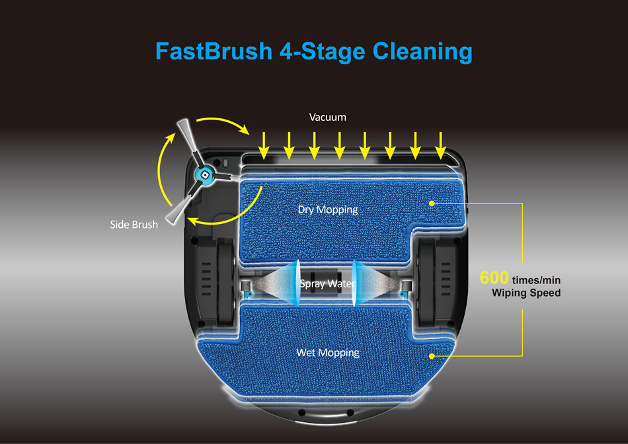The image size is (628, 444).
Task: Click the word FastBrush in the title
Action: point(214,52)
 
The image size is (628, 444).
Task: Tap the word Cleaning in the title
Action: point(422,52)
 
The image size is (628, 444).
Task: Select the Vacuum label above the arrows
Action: point(328,118)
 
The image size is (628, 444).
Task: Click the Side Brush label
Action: point(134,225)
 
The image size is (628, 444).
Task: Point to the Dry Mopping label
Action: point(328,210)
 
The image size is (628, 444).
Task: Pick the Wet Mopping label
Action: point(328,353)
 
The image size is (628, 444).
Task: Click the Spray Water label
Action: point(328,284)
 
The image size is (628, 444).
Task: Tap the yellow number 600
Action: point(494,277)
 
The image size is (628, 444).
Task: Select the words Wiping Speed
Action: point(526,293)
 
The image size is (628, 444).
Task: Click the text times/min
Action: point(536,280)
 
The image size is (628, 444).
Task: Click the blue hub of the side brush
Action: point(204,175)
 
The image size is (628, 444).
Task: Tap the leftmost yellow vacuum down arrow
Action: point(264,146)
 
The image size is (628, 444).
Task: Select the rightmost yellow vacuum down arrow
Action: point(440,146)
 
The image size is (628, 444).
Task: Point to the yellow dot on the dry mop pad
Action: point(432,203)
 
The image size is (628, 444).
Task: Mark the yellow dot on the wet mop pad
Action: point(432,356)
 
